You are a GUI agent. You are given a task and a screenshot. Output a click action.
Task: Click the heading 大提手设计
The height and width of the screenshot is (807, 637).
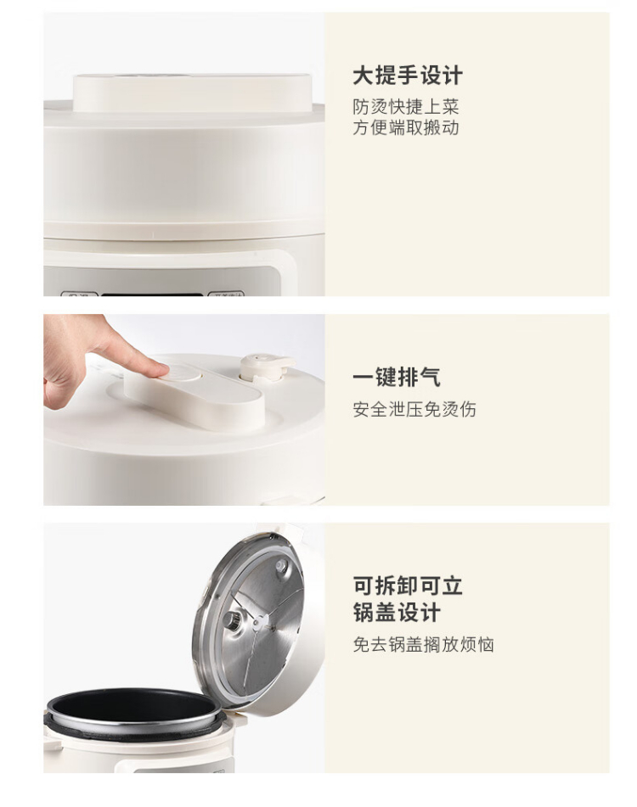408,76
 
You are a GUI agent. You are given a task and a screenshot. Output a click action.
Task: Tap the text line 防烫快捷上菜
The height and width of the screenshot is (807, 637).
406,107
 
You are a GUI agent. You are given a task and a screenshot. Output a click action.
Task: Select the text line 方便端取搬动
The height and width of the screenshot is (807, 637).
406,127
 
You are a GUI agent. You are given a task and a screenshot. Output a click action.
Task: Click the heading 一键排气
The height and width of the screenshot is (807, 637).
397,377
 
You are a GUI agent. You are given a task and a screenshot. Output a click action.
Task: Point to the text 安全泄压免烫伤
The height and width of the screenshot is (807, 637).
414,409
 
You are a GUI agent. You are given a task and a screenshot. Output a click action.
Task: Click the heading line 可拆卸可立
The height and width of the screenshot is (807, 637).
408,586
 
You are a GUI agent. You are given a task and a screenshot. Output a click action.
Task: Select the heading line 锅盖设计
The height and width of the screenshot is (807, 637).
397,613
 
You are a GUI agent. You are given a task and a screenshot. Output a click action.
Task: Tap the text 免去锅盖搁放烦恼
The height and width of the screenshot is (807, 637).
423,644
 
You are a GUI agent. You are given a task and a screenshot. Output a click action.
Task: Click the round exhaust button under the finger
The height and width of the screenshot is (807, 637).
180,372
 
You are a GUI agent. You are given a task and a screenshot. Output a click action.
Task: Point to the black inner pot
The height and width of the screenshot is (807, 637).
132,706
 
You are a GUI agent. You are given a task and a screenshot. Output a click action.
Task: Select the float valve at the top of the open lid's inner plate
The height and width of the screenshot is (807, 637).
281,566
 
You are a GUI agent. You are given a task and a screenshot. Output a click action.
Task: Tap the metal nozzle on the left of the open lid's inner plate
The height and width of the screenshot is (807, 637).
232,620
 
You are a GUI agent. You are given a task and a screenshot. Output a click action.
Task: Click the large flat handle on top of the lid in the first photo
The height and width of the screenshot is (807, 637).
192,92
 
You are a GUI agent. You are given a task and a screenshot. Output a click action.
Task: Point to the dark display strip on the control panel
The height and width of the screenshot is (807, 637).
151,295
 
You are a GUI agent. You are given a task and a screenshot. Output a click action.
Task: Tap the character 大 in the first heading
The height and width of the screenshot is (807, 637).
363,76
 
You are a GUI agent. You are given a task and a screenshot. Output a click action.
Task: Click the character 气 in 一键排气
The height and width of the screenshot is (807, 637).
430,377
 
